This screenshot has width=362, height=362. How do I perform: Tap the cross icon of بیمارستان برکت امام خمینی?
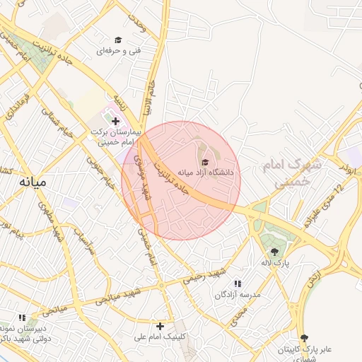pyautogui.click(x=116, y=122)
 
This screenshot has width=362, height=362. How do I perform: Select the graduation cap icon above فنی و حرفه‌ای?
pyautogui.click(x=117, y=40)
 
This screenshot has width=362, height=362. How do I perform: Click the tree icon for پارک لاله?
pyautogui.click(x=274, y=251)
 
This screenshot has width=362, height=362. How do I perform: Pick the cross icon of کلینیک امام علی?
pyautogui.click(x=160, y=326)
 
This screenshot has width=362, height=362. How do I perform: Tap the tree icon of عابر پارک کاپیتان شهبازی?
pyautogui.click(x=305, y=338)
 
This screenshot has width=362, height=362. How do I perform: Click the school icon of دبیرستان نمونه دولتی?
pyautogui.click(x=22, y=318)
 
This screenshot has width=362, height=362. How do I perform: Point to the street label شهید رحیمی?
pyautogui.click(x=204, y=276)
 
